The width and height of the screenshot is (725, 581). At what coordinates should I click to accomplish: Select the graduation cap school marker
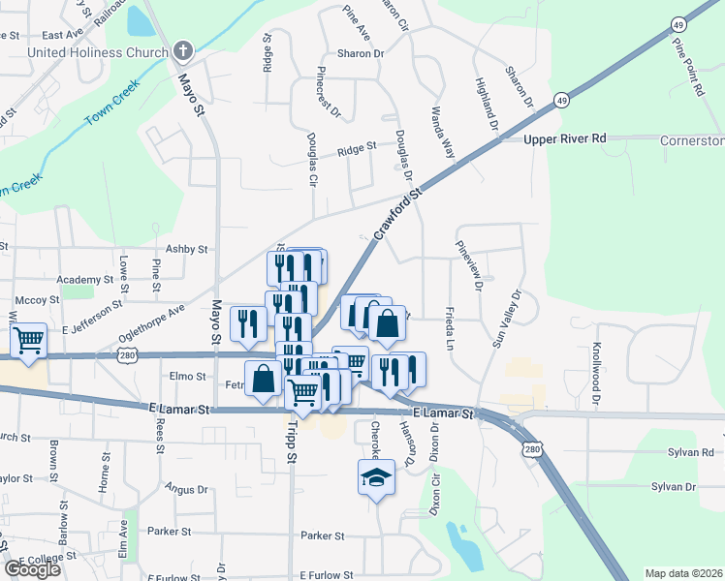(x=376, y=477)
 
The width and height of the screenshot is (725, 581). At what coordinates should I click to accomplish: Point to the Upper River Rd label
(x=565, y=139)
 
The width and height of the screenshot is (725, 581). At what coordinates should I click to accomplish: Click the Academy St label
(x=79, y=279)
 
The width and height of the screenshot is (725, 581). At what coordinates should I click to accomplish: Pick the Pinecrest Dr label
(x=330, y=92)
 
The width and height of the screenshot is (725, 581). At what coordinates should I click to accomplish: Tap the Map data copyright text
(x=684, y=573)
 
